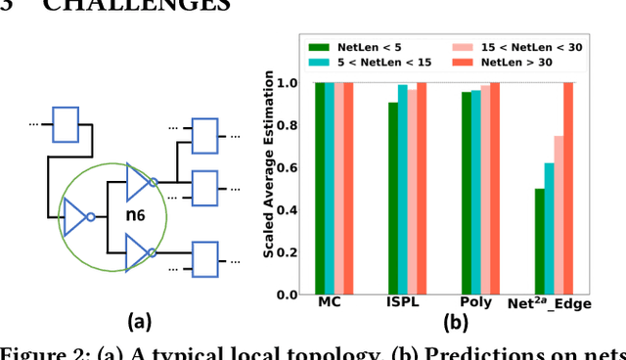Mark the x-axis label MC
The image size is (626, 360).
click(330, 304)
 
